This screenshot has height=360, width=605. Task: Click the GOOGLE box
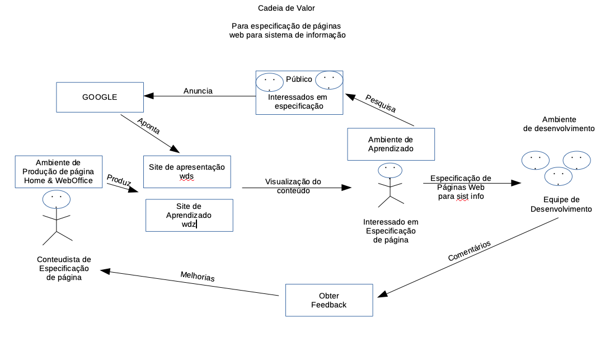pyautogui.click(x=100, y=97)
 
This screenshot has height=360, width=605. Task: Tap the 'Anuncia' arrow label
pyautogui.click(x=198, y=91)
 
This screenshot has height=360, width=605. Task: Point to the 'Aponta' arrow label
pyautogui.click(x=149, y=127)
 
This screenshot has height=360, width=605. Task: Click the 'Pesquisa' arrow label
pyautogui.click(x=381, y=104)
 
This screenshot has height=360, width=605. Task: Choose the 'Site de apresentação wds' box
pyautogui.click(x=187, y=171)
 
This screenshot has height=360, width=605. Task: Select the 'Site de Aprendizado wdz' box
pyautogui.click(x=189, y=215)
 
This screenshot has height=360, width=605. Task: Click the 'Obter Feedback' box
pyautogui.click(x=329, y=300)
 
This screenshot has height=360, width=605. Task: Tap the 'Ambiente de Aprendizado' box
pyautogui.click(x=391, y=144)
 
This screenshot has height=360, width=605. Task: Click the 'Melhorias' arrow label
pyautogui.click(x=198, y=276)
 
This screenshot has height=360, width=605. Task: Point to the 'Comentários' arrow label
pyautogui.click(x=470, y=251)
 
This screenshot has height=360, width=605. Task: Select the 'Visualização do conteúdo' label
pyautogui.click(x=293, y=186)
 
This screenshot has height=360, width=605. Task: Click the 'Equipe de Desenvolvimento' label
pyautogui.click(x=561, y=204)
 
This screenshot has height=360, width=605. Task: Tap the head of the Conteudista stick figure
pyautogui.click(x=56, y=198)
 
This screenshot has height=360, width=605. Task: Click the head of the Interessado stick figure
pyautogui.click(x=390, y=170)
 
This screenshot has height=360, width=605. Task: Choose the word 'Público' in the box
pyautogui.click(x=299, y=79)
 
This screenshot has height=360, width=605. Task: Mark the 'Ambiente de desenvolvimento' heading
pyautogui.click(x=559, y=124)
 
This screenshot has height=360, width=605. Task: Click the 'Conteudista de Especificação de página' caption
pyautogui.click(x=64, y=268)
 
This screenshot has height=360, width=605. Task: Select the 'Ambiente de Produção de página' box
pyautogui.click(x=58, y=171)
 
